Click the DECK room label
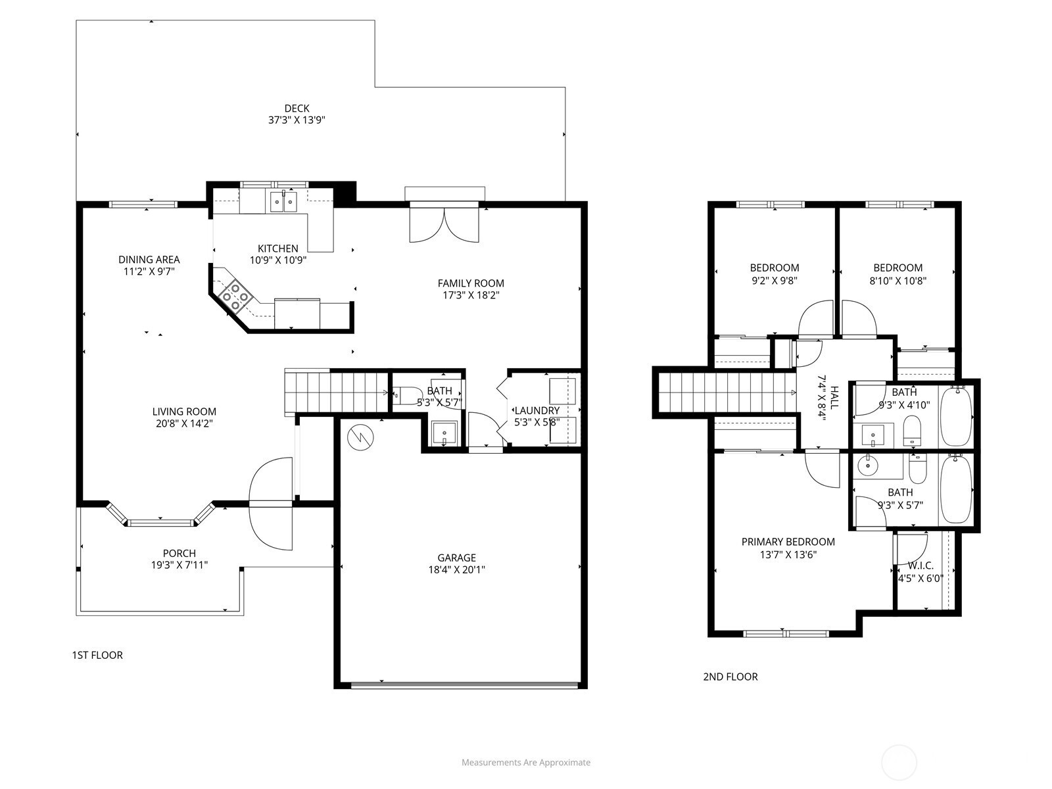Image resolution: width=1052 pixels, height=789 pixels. tap(297, 108)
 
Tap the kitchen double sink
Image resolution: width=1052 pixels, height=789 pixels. tap(284, 202)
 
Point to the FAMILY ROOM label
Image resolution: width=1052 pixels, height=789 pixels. tap(471, 283)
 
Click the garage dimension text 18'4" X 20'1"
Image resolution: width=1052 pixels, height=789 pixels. tap(457, 569)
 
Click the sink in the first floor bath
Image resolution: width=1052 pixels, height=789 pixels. tap(444, 433)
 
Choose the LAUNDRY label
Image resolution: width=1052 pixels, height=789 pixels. tap(537, 410)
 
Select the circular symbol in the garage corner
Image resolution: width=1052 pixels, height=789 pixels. tap(360, 437)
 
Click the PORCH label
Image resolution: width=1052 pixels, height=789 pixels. tap(179, 554)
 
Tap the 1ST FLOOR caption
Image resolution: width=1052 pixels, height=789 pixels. tap(97, 655)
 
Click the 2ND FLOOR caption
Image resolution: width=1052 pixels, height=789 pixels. tap(730, 677)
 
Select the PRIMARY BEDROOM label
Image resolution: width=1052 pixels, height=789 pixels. tap(788, 542)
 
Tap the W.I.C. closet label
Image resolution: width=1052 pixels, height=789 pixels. tap(920, 565)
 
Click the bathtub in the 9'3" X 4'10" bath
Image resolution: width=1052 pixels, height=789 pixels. tap(956, 416)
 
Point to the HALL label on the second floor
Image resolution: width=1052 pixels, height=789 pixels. tap(834, 398)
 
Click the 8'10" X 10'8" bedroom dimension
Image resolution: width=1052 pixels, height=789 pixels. tap(897, 281)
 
